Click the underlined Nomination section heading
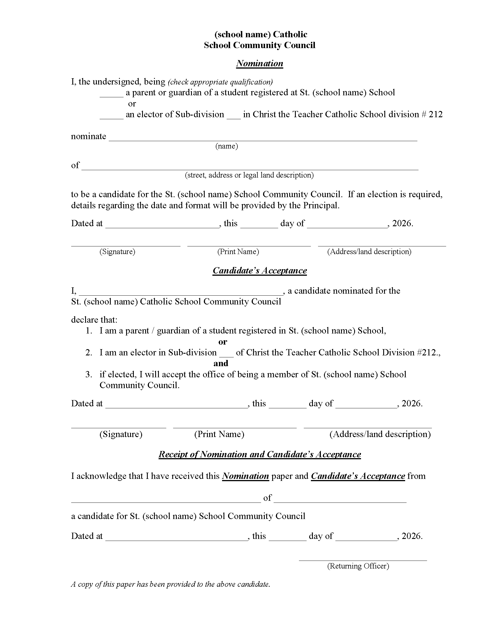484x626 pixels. (259, 63)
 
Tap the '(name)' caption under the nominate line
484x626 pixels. (227, 146)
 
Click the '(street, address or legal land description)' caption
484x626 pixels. (249, 175)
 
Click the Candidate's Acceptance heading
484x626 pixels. (259, 271)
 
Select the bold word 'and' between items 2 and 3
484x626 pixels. (221, 363)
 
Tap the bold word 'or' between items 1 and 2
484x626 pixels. (223, 342)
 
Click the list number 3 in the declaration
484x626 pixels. (89, 375)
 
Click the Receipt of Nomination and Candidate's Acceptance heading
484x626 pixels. (259, 454)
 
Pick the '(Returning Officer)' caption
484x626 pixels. (358, 566)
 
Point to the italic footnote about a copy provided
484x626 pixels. (170, 584)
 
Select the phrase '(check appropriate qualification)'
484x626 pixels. (220, 82)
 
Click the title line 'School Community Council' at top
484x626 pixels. (259, 45)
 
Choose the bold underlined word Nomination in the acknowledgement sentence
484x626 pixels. (245, 476)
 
